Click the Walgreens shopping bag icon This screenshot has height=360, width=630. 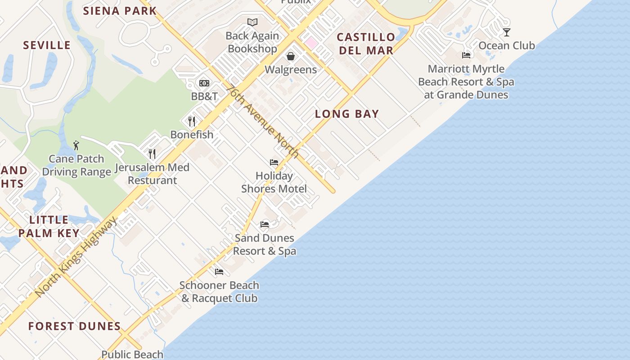tap(291, 56)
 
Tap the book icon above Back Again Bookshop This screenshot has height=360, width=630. tap(252, 22)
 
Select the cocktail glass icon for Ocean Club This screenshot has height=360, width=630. tap(507, 32)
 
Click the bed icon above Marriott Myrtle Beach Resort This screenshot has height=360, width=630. tap(466, 55)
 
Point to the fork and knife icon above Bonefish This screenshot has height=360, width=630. tap(192, 121)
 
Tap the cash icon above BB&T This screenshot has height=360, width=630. tap(204, 83)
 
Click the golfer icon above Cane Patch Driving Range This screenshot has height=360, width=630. tap(76, 145)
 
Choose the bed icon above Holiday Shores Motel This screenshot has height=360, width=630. tap(274, 162)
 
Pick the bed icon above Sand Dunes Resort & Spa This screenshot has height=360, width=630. tap(265, 225)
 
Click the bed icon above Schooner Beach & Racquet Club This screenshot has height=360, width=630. tap(219, 272)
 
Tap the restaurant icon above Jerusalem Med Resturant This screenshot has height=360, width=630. tap(152, 154)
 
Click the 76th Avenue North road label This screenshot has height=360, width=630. tap(263, 121)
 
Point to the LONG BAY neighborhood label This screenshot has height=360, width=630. tap(347, 114)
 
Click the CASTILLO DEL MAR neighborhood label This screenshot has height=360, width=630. tap(366, 44)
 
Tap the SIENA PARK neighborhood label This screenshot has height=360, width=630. tap(120, 11)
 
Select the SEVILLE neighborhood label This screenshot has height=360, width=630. tap(47, 45)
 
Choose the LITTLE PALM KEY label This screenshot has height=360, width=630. tap(49, 226)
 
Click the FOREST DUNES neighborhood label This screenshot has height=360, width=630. tap(75, 326)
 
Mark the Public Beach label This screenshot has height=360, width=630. tap(132, 355)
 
